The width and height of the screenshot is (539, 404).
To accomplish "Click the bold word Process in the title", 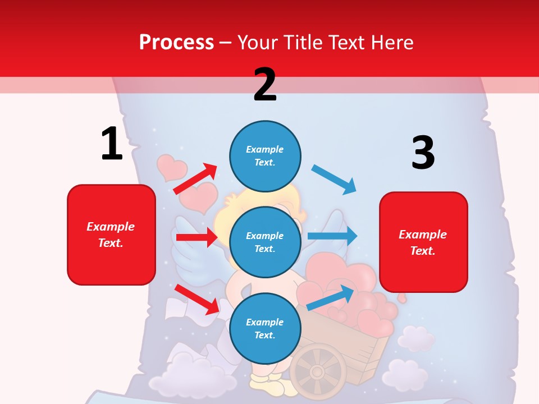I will (x=176, y=42).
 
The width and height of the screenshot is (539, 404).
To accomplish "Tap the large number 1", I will (x=112, y=144).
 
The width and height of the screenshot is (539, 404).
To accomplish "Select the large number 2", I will (x=265, y=84).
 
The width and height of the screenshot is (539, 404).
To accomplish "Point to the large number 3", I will (x=423, y=153).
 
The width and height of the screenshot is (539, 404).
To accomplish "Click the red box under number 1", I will (x=111, y=235).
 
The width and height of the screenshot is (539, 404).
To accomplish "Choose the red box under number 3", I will (x=423, y=242).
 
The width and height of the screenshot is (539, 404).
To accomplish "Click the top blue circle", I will (x=265, y=156).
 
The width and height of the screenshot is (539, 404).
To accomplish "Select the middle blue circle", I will (x=265, y=242).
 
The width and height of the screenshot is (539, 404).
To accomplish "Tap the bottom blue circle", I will (x=265, y=328).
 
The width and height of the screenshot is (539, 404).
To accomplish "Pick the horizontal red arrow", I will (x=197, y=237).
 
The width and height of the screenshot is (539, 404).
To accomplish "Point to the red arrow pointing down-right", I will (x=197, y=299).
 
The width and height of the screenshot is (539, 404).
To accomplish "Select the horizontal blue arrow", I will (x=332, y=236).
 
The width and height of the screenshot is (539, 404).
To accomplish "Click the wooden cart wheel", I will (x=318, y=371).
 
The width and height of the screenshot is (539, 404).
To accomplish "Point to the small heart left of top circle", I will (x=171, y=167).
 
